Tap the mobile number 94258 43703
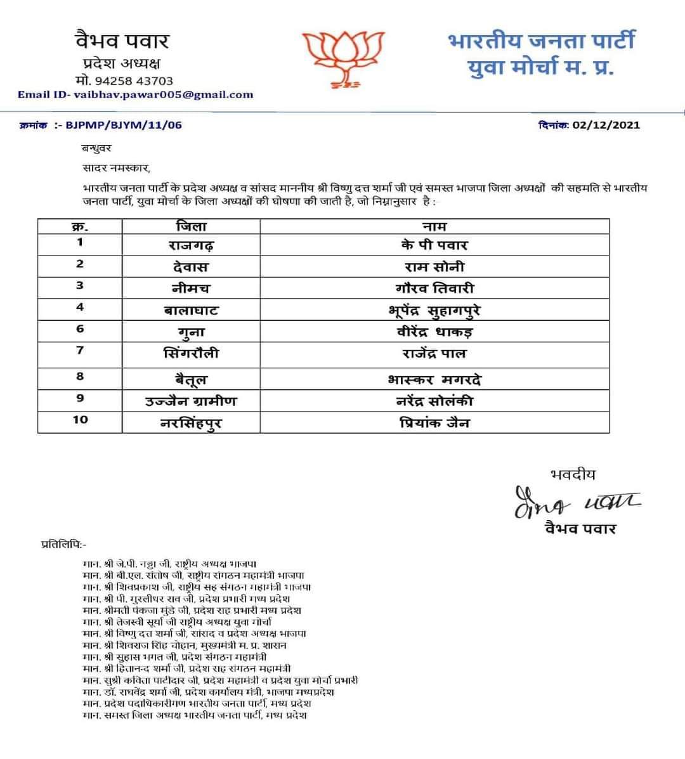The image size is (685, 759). [x=133, y=81]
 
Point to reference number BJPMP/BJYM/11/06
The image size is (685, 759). [x=124, y=125]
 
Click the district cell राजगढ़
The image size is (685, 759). [x=190, y=245]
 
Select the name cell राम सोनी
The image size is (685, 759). [x=434, y=267]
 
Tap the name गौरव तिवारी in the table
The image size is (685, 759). [x=434, y=289]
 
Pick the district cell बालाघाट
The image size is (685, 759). [x=190, y=310]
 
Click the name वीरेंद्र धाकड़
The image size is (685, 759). [x=434, y=332]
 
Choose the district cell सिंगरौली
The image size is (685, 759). [x=190, y=354]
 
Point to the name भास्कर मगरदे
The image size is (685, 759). [x=434, y=380]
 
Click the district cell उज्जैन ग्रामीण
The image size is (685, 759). [x=190, y=401]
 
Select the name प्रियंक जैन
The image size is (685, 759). [x=434, y=422]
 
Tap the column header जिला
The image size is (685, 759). [x=190, y=226]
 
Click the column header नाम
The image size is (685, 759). [x=434, y=226]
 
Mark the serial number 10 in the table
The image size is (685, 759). [x=80, y=420]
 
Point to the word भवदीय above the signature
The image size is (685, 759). [x=573, y=474]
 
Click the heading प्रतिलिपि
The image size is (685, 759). [x=63, y=544]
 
